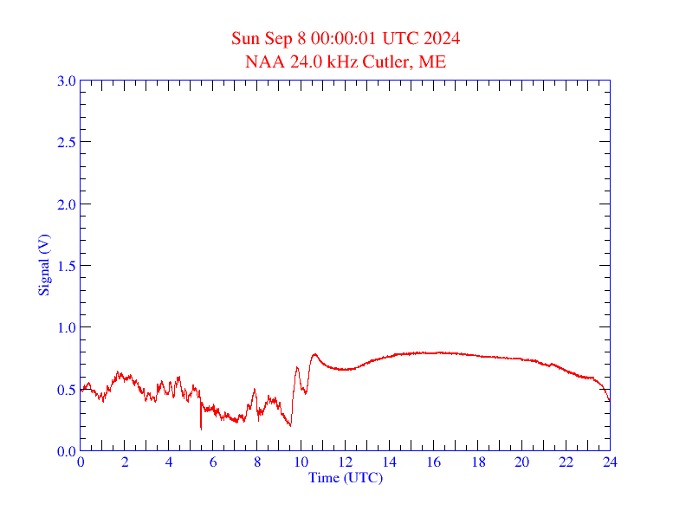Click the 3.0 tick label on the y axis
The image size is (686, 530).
click(66, 81)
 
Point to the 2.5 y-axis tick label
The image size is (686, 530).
click(66, 143)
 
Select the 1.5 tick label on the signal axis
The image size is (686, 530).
click(66, 267)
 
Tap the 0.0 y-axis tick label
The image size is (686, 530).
click(66, 451)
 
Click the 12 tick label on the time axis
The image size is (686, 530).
click(346, 462)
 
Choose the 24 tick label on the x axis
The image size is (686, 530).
click(610, 462)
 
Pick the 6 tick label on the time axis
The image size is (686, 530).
click(213, 462)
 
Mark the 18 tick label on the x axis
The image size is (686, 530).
click(478, 462)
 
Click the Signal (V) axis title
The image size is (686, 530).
click(43, 265)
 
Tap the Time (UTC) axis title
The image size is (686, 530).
click(346, 477)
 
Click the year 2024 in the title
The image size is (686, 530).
click(442, 39)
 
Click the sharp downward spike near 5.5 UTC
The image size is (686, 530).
click(201, 428)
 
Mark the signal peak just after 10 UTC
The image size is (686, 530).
click(315, 353)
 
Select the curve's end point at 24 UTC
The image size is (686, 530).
click(610, 401)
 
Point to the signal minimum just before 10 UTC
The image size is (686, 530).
click(290, 425)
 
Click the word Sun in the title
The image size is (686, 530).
click(246, 39)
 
